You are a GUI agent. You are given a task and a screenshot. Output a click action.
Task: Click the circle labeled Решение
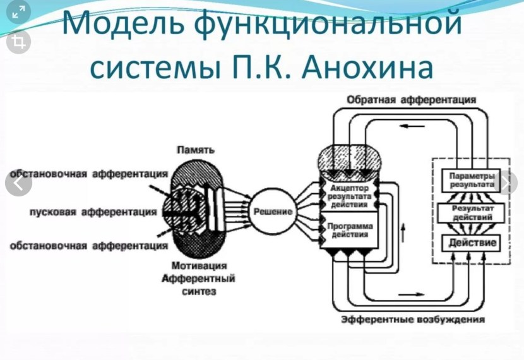coord(273,211)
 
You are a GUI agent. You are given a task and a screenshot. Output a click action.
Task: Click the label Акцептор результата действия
coord(351,196)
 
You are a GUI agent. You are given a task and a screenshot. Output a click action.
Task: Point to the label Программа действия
coord(348,231)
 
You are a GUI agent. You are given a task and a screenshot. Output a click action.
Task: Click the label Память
coord(196,150)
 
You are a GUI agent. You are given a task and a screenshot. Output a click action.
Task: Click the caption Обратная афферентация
coord(411,100)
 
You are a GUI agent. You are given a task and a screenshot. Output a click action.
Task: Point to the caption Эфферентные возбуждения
coord(413,319)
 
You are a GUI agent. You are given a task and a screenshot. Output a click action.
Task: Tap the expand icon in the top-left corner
coord(18,11)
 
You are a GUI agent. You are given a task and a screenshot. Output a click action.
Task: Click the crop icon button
coord(18,42)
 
